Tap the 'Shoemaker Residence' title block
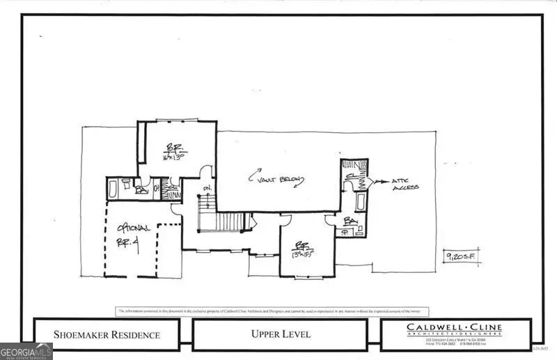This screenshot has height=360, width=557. point(107,335)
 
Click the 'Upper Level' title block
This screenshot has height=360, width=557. point(281,335)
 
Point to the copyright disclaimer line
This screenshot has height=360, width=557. point(272,311)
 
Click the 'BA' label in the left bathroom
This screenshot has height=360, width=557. point(141,189)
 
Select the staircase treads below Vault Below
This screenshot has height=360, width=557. point(226,222)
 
